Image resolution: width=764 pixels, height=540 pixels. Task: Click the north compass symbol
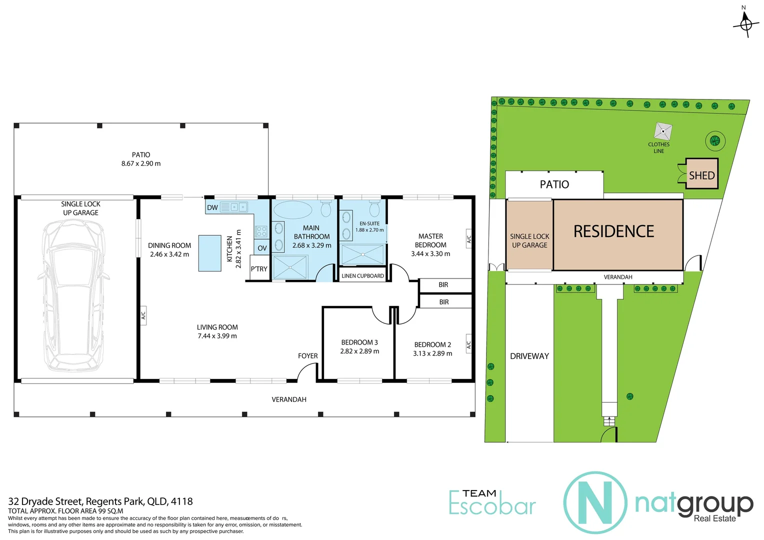click(746, 23)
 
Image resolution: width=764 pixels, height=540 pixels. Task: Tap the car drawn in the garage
click(74, 295)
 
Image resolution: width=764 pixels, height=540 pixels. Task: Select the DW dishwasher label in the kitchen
click(212, 207)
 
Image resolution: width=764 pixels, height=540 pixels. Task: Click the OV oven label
click(262, 248)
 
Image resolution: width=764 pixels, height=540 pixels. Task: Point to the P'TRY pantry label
click(259, 269)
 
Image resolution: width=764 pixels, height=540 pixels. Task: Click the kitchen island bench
click(209, 253)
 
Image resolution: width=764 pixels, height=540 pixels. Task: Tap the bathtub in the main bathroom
click(292, 210)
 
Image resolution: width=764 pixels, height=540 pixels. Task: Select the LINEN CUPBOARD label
click(362, 275)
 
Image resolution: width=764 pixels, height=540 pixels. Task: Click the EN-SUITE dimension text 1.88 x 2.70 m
click(369, 230)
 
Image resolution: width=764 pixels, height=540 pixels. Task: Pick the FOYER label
click(307, 356)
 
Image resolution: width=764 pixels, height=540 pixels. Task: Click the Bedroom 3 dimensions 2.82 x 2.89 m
click(359, 351)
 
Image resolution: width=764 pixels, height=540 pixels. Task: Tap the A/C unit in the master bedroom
click(468, 239)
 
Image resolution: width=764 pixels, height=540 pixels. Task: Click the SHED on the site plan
click(701, 175)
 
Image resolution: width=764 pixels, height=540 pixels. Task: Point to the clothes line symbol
click(663, 131)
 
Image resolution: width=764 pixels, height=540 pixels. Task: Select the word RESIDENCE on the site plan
click(613, 231)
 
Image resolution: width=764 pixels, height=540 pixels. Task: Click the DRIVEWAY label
click(529, 356)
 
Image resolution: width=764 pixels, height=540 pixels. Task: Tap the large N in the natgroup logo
click(595, 502)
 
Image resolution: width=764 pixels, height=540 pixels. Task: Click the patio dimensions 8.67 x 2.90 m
click(141, 163)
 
